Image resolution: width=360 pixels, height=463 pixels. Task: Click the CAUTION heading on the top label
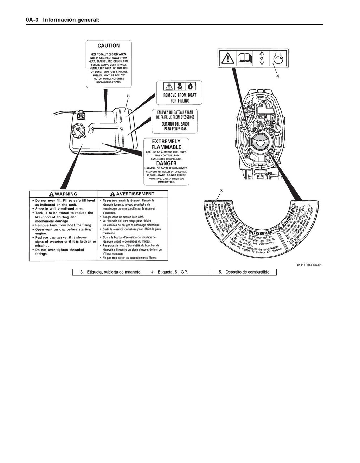click(109, 46)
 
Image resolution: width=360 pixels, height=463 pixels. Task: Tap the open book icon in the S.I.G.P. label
click(245, 58)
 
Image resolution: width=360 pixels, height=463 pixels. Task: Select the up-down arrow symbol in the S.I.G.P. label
click(261, 58)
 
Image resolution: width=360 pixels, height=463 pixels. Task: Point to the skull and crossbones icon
click(179, 86)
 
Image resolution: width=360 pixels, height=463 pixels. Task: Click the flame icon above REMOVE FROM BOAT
click(190, 86)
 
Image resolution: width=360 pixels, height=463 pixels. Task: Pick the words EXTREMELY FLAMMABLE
click(166, 144)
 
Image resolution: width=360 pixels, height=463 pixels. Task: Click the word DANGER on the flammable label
click(166, 163)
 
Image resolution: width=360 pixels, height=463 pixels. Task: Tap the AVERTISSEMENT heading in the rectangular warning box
click(132, 194)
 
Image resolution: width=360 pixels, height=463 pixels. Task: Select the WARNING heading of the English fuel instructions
click(63, 194)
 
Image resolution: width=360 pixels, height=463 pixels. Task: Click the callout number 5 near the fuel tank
click(128, 95)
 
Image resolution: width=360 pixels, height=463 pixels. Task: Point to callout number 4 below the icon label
click(277, 76)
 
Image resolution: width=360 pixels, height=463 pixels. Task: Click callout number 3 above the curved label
click(221, 190)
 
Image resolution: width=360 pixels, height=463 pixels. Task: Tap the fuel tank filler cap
click(78, 131)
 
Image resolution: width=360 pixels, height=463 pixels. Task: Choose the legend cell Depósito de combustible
click(244, 272)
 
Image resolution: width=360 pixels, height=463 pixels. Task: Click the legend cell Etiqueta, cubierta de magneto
click(110, 272)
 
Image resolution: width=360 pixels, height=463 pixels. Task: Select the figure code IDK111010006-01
click(308, 265)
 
